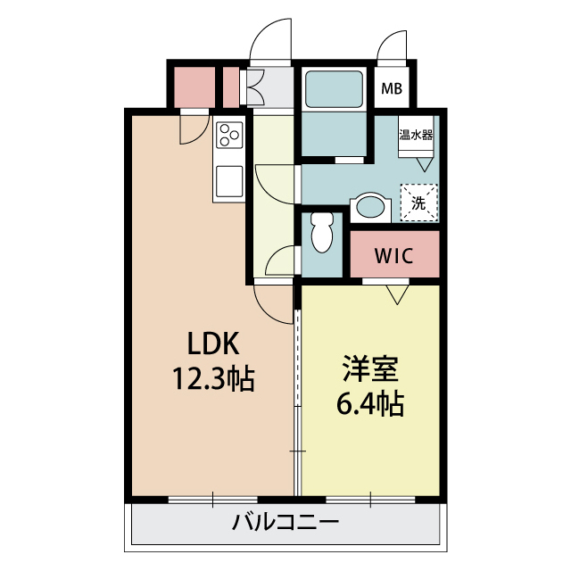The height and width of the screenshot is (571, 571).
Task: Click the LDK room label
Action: pyautogui.click(x=213, y=343)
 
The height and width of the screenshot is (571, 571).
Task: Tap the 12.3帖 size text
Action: pyautogui.click(x=213, y=378)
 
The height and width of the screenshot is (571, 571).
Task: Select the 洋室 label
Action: pyautogui.click(x=370, y=368)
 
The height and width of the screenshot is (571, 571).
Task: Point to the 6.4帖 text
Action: pyautogui.click(x=370, y=403)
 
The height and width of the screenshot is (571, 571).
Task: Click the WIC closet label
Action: pyautogui.click(x=394, y=255)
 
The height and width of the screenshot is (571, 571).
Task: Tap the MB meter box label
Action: pyautogui.click(x=392, y=88)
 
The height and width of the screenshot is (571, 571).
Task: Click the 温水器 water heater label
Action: pyautogui.click(x=416, y=135)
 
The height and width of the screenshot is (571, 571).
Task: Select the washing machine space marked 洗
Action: pyautogui.click(x=418, y=203)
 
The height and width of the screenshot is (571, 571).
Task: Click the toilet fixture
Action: pyautogui.click(x=322, y=232)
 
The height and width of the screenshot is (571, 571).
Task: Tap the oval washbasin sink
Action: pyautogui.click(x=370, y=207)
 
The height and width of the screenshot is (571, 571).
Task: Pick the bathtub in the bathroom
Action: pyautogui.click(x=334, y=89)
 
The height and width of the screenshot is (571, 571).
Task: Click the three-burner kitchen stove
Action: pyautogui.click(x=229, y=135)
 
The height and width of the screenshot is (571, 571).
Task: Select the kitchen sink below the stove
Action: pyautogui.click(x=229, y=181)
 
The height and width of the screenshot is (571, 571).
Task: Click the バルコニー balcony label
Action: pyautogui.click(x=285, y=523)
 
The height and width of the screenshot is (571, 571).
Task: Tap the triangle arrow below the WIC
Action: pyautogui.click(x=397, y=294)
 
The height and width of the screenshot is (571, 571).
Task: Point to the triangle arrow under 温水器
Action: pyautogui.click(x=425, y=164)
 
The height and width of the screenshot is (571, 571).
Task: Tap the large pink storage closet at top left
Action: pyautogui.click(x=194, y=87)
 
